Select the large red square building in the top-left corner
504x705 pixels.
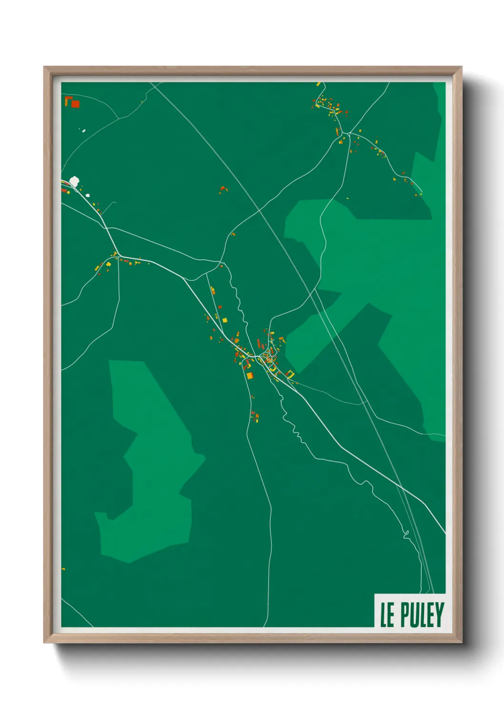pos(75,104)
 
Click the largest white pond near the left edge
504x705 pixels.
pos(74,181)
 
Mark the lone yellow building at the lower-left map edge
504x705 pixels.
pos(63,569)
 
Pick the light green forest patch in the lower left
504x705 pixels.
pos(148,467)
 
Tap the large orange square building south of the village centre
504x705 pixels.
pos(249,376)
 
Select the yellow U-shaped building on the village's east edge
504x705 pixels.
pos(290,374)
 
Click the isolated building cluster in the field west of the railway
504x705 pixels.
pos(222,190)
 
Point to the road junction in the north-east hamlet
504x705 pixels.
pos(349,133)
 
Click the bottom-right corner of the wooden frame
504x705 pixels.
pos(461,642)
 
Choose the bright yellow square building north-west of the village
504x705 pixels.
pos(225,320)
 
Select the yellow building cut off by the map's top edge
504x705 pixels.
pos(318,84)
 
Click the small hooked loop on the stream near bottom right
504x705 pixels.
pos(406,534)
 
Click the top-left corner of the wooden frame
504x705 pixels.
pos(44,67)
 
